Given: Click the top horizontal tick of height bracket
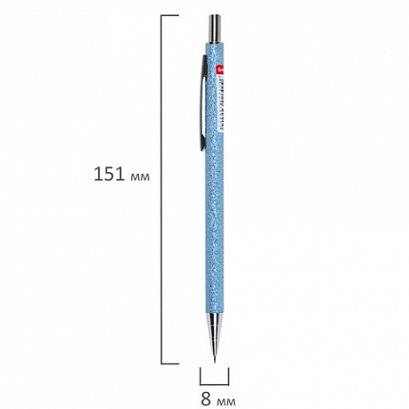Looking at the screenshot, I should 169,16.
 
